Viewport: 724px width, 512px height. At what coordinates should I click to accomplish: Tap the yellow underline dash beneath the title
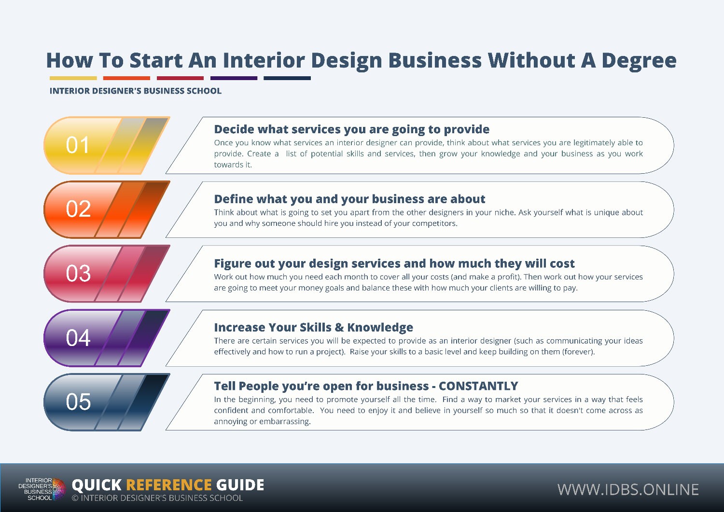pyautogui.click(x=73, y=78)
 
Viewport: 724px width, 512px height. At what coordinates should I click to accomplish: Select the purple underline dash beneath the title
pyautogui.click(x=234, y=78)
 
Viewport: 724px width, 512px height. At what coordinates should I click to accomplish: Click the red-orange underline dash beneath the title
pyautogui.click(x=126, y=78)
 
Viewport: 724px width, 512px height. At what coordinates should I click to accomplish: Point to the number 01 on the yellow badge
pyautogui.click(x=78, y=145)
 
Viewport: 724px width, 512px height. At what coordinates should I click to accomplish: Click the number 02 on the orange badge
pyautogui.click(x=78, y=209)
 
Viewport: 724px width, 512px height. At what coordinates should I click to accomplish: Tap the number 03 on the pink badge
pyautogui.click(x=78, y=273)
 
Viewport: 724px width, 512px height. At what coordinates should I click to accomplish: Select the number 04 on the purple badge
pyautogui.click(x=78, y=338)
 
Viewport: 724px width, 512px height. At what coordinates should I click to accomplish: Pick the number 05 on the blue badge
pyautogui.click(x=78, y=402)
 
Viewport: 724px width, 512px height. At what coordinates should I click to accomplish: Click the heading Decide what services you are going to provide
pyautogui.click(x=352, y=129)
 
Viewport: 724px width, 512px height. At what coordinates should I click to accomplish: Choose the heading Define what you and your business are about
pyautogui.click(x=349, y=199)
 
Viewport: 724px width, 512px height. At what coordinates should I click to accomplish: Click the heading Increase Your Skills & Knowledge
pyautogui.click(x=314, y=328)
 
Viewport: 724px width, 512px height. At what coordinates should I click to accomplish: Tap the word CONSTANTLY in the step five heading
pyautogui.click(x=478, y=386)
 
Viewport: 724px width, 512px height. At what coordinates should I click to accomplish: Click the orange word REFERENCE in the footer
pyautogui.click(x=169, y=485)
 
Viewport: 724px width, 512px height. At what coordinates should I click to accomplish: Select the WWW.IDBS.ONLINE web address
pyautogui.click(x=628, y=489)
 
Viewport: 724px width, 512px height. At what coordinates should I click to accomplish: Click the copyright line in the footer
pyautogui.click(x=157, y=498)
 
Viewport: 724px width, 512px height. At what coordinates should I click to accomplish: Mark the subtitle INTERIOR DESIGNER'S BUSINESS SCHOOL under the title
pyautogui.click(x=136, y=91)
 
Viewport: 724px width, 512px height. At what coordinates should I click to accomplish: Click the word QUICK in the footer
pyautogui.click(x=97, y=485)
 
